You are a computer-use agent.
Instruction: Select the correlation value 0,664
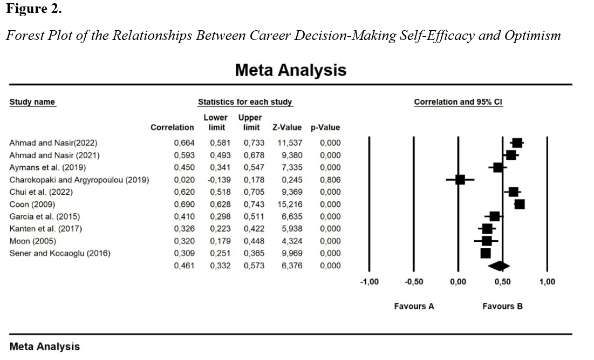(x=183, y=143)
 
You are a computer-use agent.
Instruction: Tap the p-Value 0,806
(x=330, y=180)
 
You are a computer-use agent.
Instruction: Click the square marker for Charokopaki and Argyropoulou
(x=460, y=180)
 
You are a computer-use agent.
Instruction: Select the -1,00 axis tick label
(x=369, y=282)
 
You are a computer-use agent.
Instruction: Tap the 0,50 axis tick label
(x=502, y=282)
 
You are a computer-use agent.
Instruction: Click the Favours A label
(x=414, y=306)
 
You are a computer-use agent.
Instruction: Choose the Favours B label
(x=502, y=306)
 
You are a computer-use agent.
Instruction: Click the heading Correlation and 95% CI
(x=458, y=102)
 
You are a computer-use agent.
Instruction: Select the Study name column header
(x=32, y=102)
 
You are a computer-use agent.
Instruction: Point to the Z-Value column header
(x=288, y=128)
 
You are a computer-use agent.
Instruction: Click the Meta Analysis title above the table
(x=291, y=71)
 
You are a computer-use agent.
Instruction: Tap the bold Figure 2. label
(x=33, y=9)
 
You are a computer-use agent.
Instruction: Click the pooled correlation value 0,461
(x=183, y=266)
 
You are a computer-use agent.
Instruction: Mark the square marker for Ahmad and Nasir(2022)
(x=517, y=143)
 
